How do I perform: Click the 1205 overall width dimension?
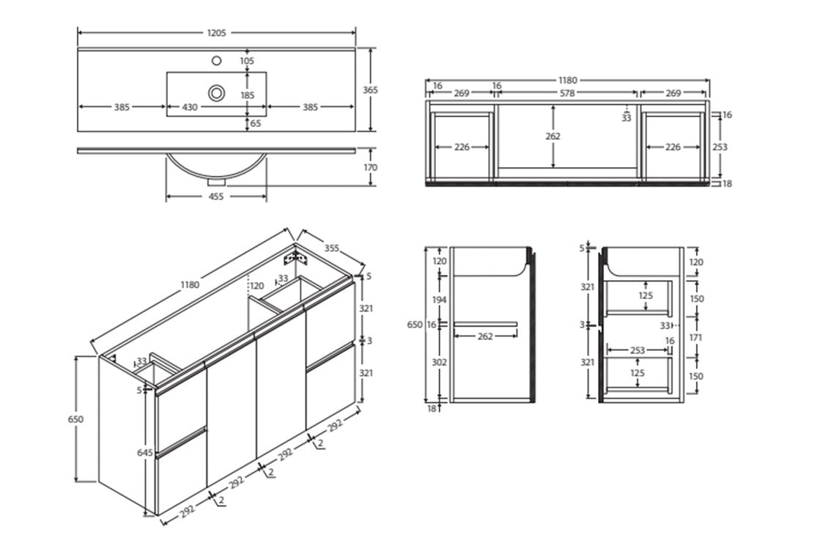(x=217, y=33)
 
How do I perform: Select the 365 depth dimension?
(x=371, y=90)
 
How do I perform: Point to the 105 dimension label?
(x=247, y=61)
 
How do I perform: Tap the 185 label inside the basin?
(x=247, y=95)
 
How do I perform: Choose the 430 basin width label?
(x=190, y=107)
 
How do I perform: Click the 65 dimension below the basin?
(x=256, y=124)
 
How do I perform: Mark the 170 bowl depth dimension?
(x=371, y=168)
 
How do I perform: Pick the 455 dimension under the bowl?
(x=216, y=196)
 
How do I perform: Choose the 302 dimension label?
(x=438, y=362)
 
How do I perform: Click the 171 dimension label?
(x=695, y=338)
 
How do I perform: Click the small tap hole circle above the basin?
(x=217, y=61)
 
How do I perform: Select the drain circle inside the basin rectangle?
(x=217, y=92)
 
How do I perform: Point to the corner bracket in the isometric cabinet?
(x=296, y=257)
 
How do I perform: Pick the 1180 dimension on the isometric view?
(x=189, y=286)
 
